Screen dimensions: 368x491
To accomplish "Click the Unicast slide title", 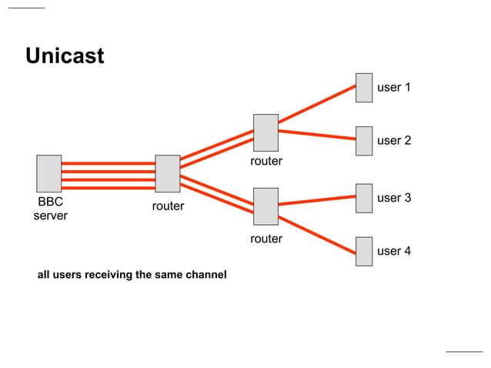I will [x=65, y=56].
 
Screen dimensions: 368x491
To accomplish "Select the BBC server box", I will [x=49, y=173].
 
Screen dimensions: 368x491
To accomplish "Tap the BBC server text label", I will [x=50, y=209].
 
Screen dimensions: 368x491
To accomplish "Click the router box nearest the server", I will [x=167, y=173].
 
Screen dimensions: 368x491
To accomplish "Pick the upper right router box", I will [x=266, y=132].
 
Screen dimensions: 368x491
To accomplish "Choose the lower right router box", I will [x=266, y=206].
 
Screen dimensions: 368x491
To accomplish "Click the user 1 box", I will [x=364, y=88].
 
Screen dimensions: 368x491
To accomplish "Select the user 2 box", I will [x=364, y=141].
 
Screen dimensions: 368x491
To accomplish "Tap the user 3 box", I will [x=364, y=198].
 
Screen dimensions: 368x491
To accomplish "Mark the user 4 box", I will [x=364, y=252].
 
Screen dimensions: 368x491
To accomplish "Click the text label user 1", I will [x=393, y=88].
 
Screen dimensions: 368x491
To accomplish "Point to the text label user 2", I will [x=393, y=141].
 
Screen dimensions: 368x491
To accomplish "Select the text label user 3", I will [x=393, y=199].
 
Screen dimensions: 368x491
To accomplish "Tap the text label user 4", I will [x=393, y=252].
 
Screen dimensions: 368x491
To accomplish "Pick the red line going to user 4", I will [x=317, y=229].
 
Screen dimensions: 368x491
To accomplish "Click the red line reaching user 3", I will [x=317, y=201].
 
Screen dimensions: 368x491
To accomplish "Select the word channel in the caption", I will [x=206, y=275].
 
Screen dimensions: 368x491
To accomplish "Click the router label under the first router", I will [x=168, y=206].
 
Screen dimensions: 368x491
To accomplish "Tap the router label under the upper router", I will [x=266, y=162].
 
